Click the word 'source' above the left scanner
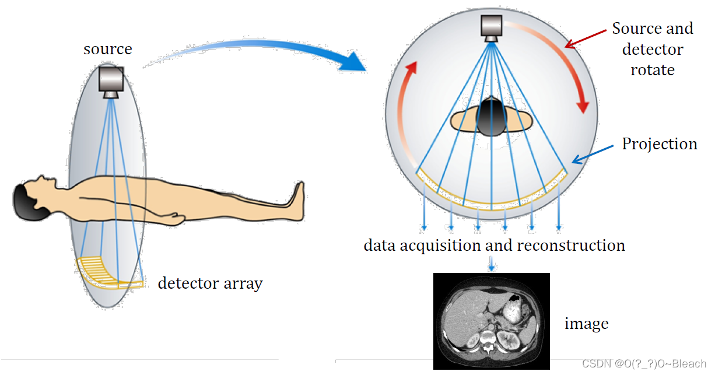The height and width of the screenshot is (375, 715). click(x=108, y=49)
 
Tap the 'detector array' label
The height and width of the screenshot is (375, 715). click(x=210, y=284)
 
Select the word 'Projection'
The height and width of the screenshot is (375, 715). click(x=660, y=144)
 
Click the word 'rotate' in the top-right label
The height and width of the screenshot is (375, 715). click(x=653, y=71)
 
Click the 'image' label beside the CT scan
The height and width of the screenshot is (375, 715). click(x=586, y=324)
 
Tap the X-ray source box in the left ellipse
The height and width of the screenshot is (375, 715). click(x=111, y=80)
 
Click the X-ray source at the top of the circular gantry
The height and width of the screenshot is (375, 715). click(x=492, y=27)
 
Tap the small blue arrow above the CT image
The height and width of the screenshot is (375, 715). click(x=492, y=265)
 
